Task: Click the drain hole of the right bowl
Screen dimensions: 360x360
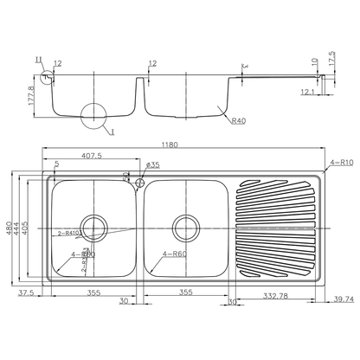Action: pyautogui.click(x=184, y=228)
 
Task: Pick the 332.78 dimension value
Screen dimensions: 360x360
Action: pyautogui.click(x=277, y=296)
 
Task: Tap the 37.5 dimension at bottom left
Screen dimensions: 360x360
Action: pyautogui.click(x=26, y=293)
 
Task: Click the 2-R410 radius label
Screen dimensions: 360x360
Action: pyautogui.click(x=69, y=234)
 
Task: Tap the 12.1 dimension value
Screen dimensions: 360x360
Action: pyautogui.click(x=307, y=91)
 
